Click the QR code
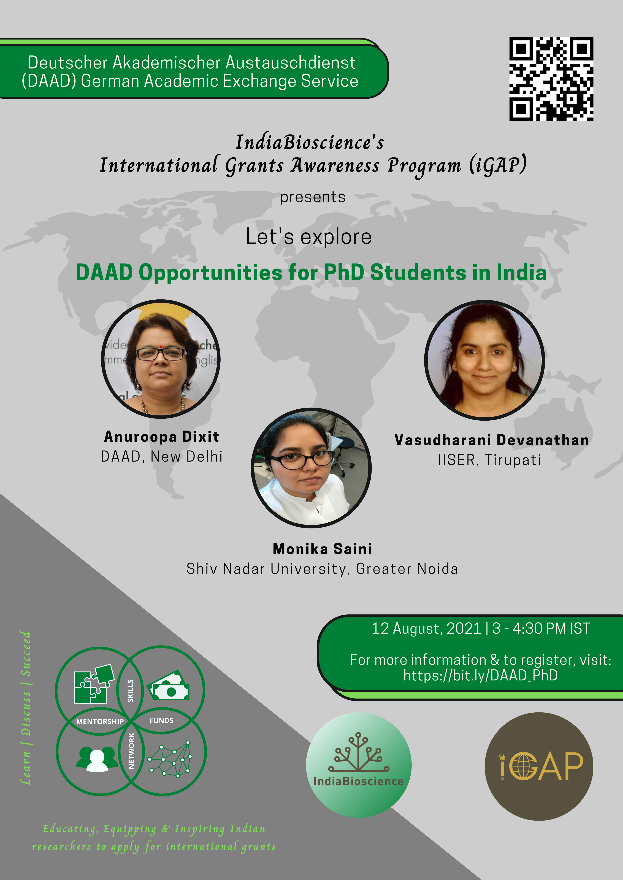pyautogui.click(x=551, y=79)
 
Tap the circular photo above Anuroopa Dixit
pyautogui.click(x=161, y=359)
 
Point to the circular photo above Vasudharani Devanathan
pyautogui.click(x=484, y=360)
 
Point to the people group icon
pyautogui.click(x=97, y=759)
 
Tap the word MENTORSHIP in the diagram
pyautogui.click(x=100, y=721)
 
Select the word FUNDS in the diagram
pyautogui.click(x=161, y=721)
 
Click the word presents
pyautogui.click(x=313, y=197)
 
